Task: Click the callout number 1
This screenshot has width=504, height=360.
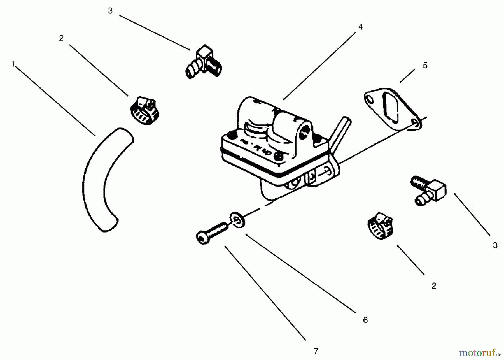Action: [13, 64]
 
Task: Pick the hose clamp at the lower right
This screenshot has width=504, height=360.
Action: [380, 226]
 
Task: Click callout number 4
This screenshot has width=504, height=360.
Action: [360, 27]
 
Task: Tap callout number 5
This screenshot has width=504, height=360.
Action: [425, 66]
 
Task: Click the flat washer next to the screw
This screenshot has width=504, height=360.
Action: [238, 220]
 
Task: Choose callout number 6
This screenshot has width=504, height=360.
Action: [365, 320]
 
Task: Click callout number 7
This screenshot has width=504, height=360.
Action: [316, 351]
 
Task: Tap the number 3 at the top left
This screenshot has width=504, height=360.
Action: [110, 11]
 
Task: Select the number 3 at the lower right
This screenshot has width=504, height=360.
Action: [495, 245]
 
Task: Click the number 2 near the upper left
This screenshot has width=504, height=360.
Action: [61, 38]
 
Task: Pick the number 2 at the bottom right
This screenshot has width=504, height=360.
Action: [434, 286]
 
